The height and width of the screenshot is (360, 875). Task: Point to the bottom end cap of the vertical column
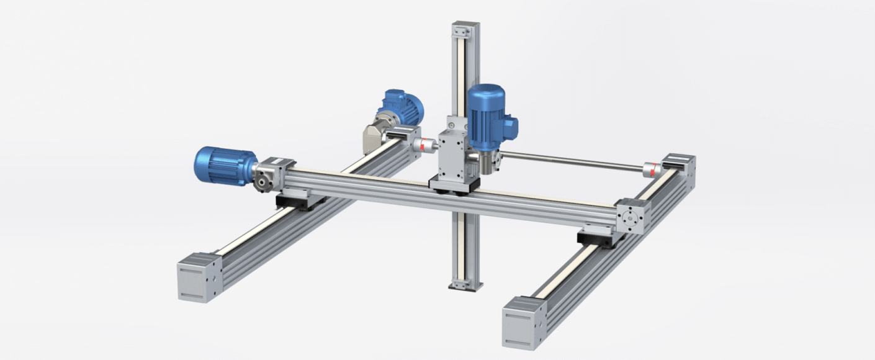pyautogui.click(x=465, y=285)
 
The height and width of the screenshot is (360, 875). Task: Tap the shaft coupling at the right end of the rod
pyautogui.click(x=650, y=169)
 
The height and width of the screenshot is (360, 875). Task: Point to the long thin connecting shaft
pyautogui.click(x=571, y=160)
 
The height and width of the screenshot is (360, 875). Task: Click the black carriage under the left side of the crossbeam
pyautogui.click(x=300, y=200)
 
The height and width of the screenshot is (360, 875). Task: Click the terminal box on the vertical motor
pyautogui.click(x=511, y=126)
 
